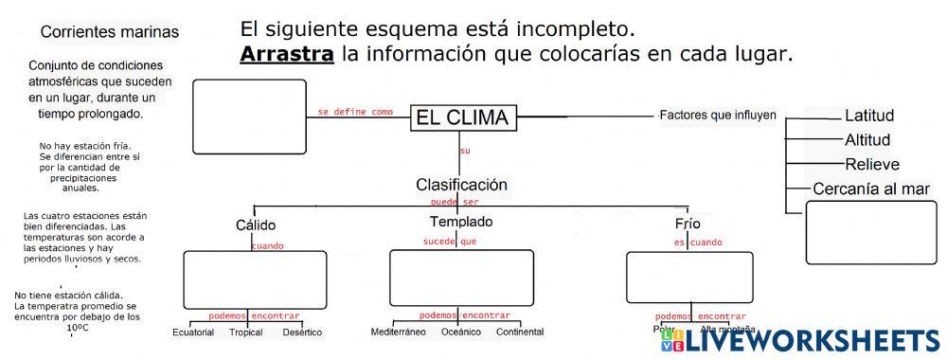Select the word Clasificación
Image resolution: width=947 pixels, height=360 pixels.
(461, 185)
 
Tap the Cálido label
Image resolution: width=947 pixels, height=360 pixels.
(255, 225)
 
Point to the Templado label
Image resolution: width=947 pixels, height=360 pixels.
(461, 222)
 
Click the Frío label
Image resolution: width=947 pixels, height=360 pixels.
(688, 224)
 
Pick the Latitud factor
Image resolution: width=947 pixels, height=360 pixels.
(869, 117)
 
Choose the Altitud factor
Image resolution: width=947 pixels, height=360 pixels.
(867, 140)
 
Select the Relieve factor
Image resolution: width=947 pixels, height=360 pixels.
(871, 164)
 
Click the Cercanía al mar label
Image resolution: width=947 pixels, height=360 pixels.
(871, 189)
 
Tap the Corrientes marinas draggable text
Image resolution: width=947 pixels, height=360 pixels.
(110, 32)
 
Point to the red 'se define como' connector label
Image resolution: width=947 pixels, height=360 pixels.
(355, 112)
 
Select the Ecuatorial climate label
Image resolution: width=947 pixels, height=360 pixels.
(193, 333)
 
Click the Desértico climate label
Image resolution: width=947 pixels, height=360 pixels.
(302, 333)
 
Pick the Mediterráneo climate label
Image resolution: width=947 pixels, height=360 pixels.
(398, 333)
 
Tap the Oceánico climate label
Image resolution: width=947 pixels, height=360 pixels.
(461, 333)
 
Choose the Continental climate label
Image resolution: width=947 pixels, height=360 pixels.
(519, 333)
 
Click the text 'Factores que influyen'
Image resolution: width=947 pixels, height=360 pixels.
(717, 116)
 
